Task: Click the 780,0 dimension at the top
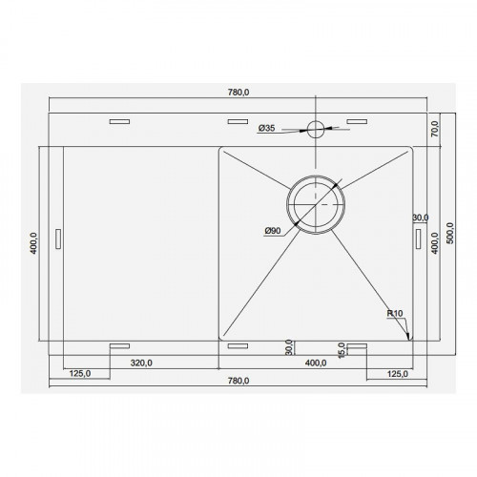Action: pyautogui.click(x=238, y=93)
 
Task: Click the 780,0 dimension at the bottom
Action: pyautogui.click(x=238, y=381)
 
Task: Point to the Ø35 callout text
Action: pyautogui.click(x=266, y=128)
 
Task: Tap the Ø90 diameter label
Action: pyautogui.click(x=273, y=231)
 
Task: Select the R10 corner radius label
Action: pyautogui.click(x=395, y=313)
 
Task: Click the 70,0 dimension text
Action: pyautogui.click(x=434, y=129)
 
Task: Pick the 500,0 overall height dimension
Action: pyautogui.click(x=450, y=233)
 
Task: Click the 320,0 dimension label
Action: pyautogui.click(x=141, y=363)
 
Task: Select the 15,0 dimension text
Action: pyautogui.click(x=342, y=350)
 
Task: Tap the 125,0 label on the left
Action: pyautogui.click(x=80, y=373)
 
